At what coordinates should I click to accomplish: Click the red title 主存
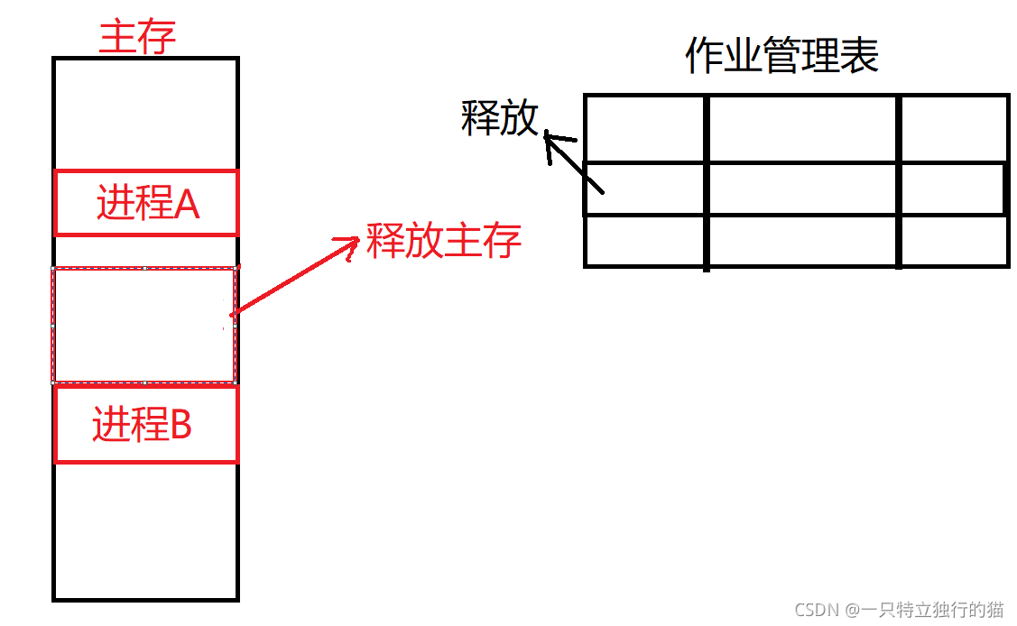137,39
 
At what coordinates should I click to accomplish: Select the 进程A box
146,204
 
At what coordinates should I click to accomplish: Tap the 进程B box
146,425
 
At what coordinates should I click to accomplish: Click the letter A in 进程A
187,206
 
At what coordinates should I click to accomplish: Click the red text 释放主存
444,241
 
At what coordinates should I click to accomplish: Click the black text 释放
499,118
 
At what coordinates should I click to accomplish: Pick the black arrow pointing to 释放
573,162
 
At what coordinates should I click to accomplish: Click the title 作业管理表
781,57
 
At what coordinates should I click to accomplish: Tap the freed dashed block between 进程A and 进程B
144,325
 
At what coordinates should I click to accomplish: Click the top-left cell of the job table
645,129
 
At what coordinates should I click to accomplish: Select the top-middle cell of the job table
802,129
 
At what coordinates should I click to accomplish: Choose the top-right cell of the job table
954,129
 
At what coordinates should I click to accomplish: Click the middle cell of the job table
802,189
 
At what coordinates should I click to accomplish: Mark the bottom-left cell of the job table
645,241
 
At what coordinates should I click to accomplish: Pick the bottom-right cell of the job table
954,241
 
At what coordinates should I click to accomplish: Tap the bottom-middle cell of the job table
802,241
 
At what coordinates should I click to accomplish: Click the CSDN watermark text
899,610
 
